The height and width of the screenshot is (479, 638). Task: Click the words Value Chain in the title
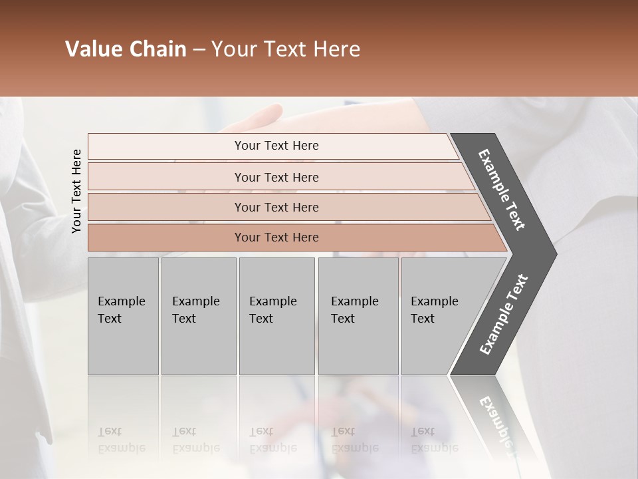[126, 49]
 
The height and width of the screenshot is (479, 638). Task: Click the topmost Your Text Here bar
[276, 146]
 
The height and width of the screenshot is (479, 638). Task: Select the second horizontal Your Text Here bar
[276, 177]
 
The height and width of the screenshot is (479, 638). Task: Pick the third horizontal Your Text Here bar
[276, 207]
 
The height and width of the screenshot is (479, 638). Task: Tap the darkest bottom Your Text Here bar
[276, 238]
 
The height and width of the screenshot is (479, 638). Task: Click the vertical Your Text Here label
[76, 191]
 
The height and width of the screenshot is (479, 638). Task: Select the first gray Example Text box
[123, 315]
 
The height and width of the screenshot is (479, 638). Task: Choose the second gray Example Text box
[198, 315]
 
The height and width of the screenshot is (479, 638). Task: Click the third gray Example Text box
[276, 315]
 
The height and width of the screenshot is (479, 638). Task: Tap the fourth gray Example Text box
[358, 315]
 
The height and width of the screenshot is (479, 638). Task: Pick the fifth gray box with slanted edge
[439, 315]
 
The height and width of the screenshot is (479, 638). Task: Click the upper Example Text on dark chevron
[502, 190]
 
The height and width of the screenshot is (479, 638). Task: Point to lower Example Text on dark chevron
[503, 315]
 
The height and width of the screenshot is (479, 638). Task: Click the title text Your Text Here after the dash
[286, 49]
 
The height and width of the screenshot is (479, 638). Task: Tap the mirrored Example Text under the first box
[121, 440]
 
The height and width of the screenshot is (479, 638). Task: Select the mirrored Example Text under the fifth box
[435, 440]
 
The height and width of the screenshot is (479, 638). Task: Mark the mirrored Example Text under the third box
[272, 440]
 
